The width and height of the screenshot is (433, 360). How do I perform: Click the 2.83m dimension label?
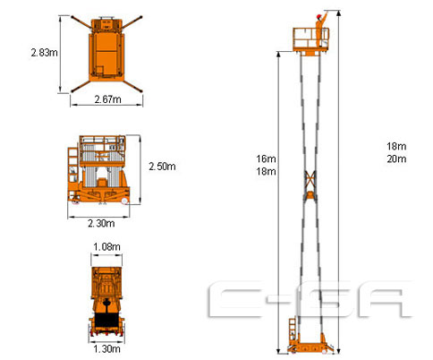point(45,53)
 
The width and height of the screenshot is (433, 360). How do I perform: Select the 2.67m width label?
point(107,99)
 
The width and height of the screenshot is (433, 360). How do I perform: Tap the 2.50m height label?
point(162,167)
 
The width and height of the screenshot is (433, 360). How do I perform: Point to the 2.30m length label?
point(101,223)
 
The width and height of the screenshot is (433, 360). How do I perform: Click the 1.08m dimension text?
point(106,247)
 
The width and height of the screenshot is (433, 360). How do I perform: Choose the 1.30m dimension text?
point(106,348)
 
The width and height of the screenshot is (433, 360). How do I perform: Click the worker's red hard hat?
point(318,16)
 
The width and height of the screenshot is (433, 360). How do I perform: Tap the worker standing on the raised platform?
point(321,30)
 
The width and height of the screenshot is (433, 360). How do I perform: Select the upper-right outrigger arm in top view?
point(132,22)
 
